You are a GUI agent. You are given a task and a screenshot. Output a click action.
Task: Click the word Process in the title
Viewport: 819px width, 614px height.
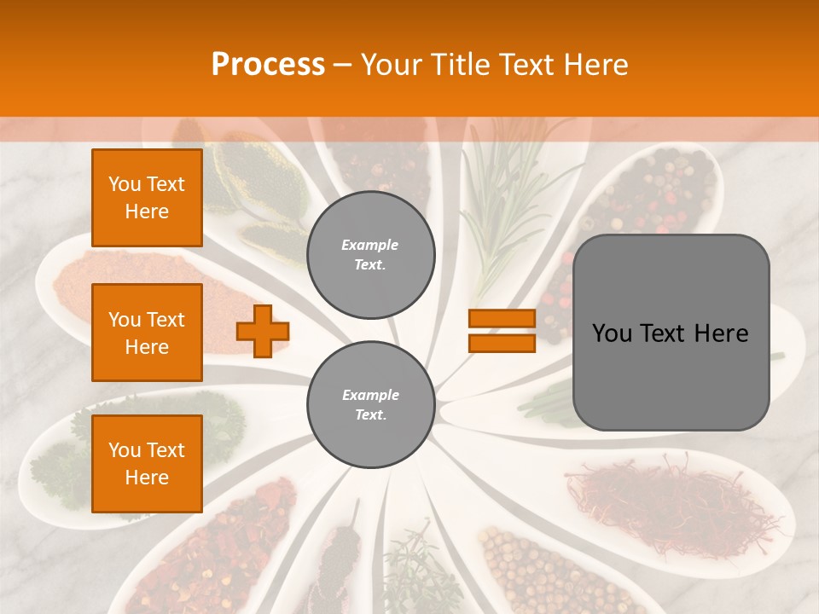[268, 65]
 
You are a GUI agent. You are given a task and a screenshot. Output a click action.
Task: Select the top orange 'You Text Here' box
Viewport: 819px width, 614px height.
[147, 198]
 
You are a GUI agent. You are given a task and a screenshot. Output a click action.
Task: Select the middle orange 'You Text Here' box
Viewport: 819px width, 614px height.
[147, 333]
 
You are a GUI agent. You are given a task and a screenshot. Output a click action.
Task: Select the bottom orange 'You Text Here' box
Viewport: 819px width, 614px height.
[147, 464]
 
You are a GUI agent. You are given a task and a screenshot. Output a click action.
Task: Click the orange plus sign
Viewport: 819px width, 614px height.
[263, 331]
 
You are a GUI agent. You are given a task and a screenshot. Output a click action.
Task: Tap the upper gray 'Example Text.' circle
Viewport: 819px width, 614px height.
[370, 254]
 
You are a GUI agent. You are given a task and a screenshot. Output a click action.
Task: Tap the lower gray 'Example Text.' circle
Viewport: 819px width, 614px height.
[370, 404]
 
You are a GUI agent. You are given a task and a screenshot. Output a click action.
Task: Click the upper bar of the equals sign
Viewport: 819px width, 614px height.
[502, 318]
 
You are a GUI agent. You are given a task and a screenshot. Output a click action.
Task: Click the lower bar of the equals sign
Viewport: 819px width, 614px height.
[502, 343]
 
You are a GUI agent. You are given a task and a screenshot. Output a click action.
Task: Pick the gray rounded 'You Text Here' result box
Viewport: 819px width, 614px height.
[671, 333]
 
